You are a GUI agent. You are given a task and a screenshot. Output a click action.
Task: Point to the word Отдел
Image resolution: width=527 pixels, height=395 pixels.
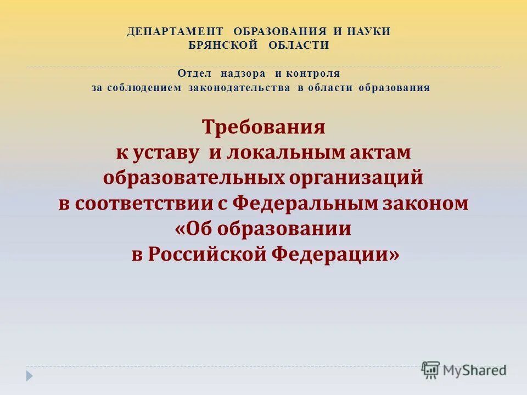pos(195,73)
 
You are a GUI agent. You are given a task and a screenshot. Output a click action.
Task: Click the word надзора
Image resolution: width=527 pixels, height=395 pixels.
pos(243,73)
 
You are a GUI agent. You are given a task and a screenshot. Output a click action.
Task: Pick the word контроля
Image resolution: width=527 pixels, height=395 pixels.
pos(314,73)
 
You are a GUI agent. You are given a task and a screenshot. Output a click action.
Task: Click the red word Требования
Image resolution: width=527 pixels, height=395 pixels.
pos(263,128)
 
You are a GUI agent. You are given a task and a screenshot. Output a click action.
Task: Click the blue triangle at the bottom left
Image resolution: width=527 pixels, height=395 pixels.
pos(30,376)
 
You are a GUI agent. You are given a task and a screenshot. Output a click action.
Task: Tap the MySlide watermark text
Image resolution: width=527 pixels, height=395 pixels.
pos(474,370)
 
